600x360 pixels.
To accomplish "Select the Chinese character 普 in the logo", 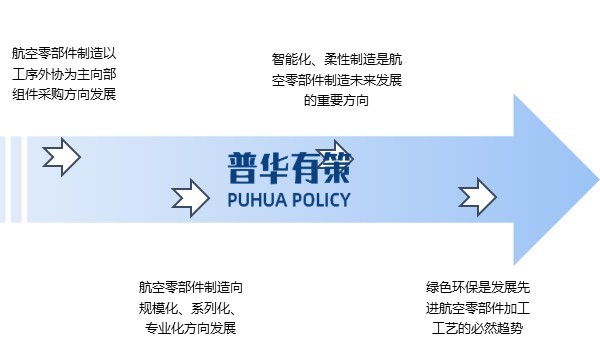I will [x=244, y=166].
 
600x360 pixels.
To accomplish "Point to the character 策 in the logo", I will [x=335, y=166].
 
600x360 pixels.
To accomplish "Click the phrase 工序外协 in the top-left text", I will [x=37, y=74].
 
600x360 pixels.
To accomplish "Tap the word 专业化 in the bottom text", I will [x=165, y=328].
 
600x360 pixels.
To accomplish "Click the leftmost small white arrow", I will [x=61, y=156].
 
